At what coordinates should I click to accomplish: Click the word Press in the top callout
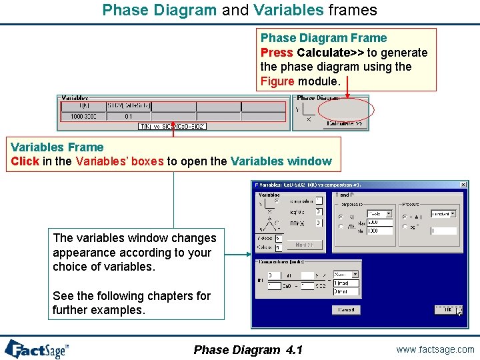(277, 53)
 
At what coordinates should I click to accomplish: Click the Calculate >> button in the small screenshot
(345, 124)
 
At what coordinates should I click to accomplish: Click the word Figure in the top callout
(277, 81)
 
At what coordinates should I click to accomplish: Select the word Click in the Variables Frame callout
(25, 161)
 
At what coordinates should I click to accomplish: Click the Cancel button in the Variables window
(346, 310)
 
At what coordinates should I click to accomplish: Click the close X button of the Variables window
(463, 185)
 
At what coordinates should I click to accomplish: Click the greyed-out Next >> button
(305, 245)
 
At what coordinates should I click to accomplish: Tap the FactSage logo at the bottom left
(37, 349)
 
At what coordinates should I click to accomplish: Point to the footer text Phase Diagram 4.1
(247, 350)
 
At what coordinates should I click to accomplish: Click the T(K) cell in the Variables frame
(83, 106)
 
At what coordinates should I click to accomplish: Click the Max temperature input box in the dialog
(379, 222)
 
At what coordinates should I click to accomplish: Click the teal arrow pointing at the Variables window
(237, 253)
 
